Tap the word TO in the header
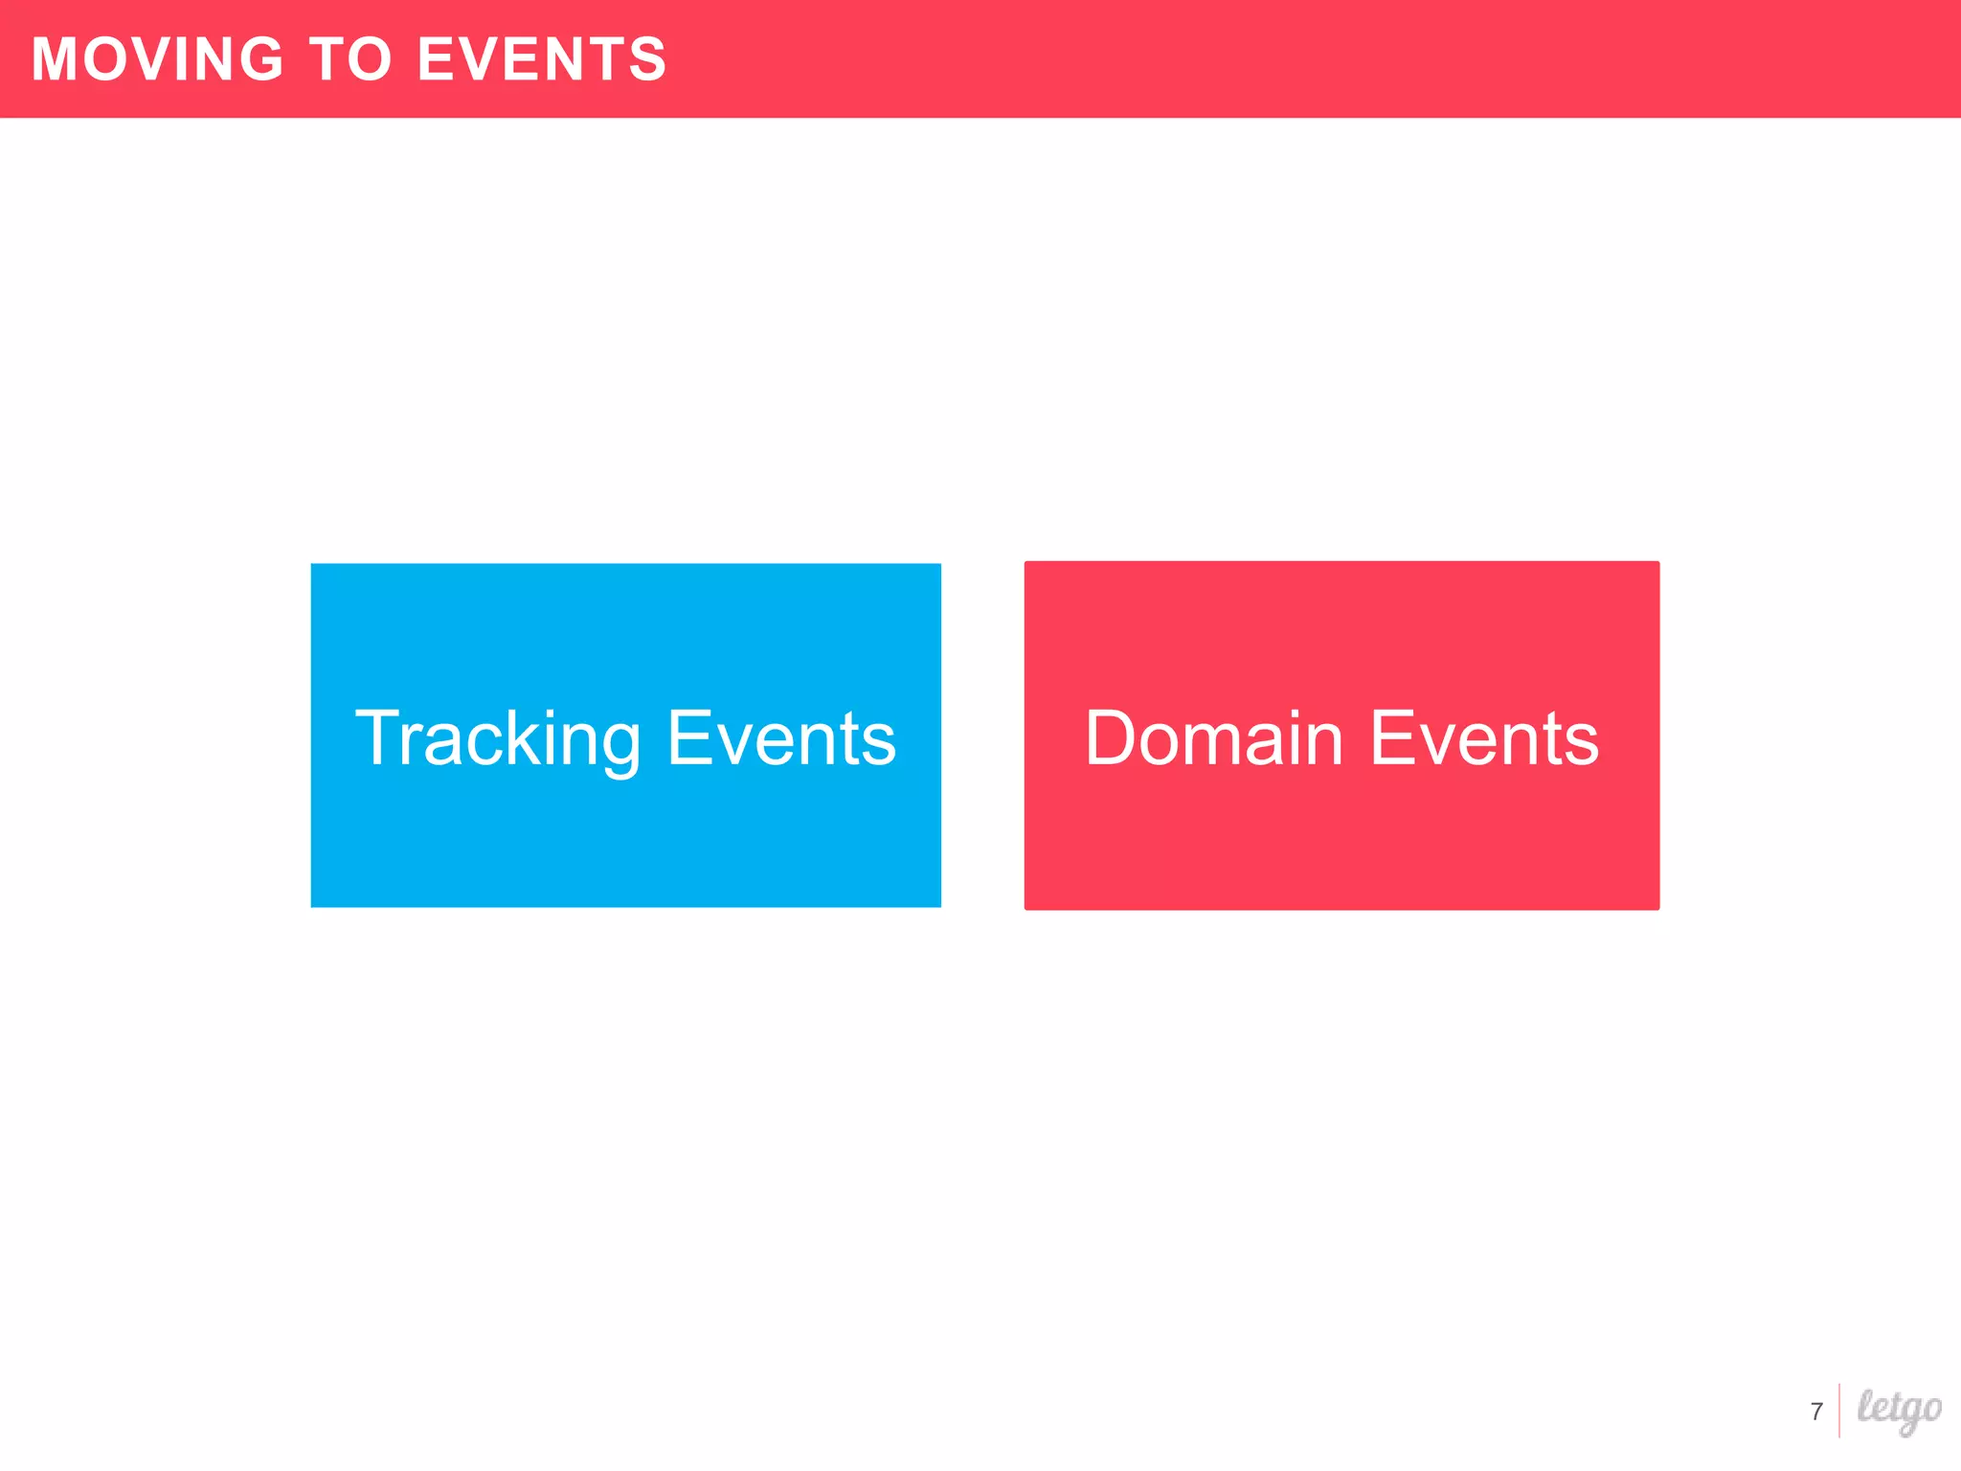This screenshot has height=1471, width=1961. click(x=350, y=59)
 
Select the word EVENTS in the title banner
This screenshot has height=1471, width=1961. click(x=542, y=59)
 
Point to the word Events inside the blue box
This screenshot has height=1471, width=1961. click(x=781, y=738)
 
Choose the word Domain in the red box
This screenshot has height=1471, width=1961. click(x=1214, y=738)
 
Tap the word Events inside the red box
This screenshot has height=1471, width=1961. click(x=1484, y=738)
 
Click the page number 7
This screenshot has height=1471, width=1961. click(x=1816, y=1412)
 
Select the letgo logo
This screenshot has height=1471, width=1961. click(x=1899, y=1410)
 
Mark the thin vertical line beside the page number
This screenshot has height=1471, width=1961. click(x=1839, y=1411)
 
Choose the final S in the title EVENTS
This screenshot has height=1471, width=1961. click(x=647, y=59)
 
